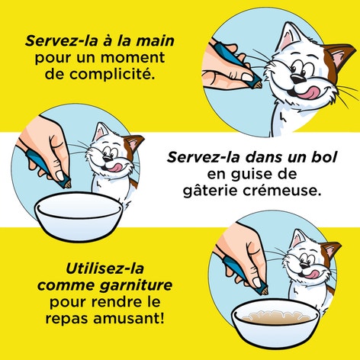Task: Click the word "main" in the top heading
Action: [x=155, y=41]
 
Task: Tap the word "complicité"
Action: [x=113, y=74]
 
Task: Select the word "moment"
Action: [x=133, y=58]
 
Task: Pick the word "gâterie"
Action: [x=211, y=191]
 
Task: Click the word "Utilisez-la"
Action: [x=104, y=268]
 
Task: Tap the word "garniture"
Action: [x=136, y=286]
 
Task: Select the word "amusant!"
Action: [x=129, y=318]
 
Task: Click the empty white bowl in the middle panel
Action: [x=79, y=215]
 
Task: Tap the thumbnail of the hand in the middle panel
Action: [x=60, y=175]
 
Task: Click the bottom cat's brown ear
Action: [x=329, y=251]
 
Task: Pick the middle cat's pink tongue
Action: [x=112, y=167]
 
